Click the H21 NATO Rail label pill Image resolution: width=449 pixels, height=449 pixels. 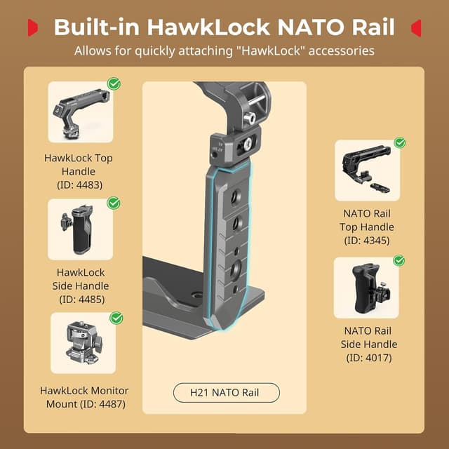[x=226, y=392]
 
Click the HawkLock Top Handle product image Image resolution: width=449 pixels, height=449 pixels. [x=80, y=112]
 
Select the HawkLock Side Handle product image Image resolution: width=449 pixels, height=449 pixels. [x=80, y=229]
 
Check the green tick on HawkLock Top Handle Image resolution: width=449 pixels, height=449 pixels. [x=114, y=84]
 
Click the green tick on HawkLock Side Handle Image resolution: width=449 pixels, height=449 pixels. [x=114, y=203]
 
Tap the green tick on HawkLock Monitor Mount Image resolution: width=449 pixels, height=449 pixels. [x=116, y=318]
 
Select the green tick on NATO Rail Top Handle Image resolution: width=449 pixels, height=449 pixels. [x=400, y=142]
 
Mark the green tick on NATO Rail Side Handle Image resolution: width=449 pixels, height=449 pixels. [x=399, y=260]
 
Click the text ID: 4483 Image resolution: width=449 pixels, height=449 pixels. [x=79, y=185]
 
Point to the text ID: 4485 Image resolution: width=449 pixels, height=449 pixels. [x=79, y=300]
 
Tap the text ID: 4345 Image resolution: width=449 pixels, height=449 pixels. [x=367, y=241]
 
